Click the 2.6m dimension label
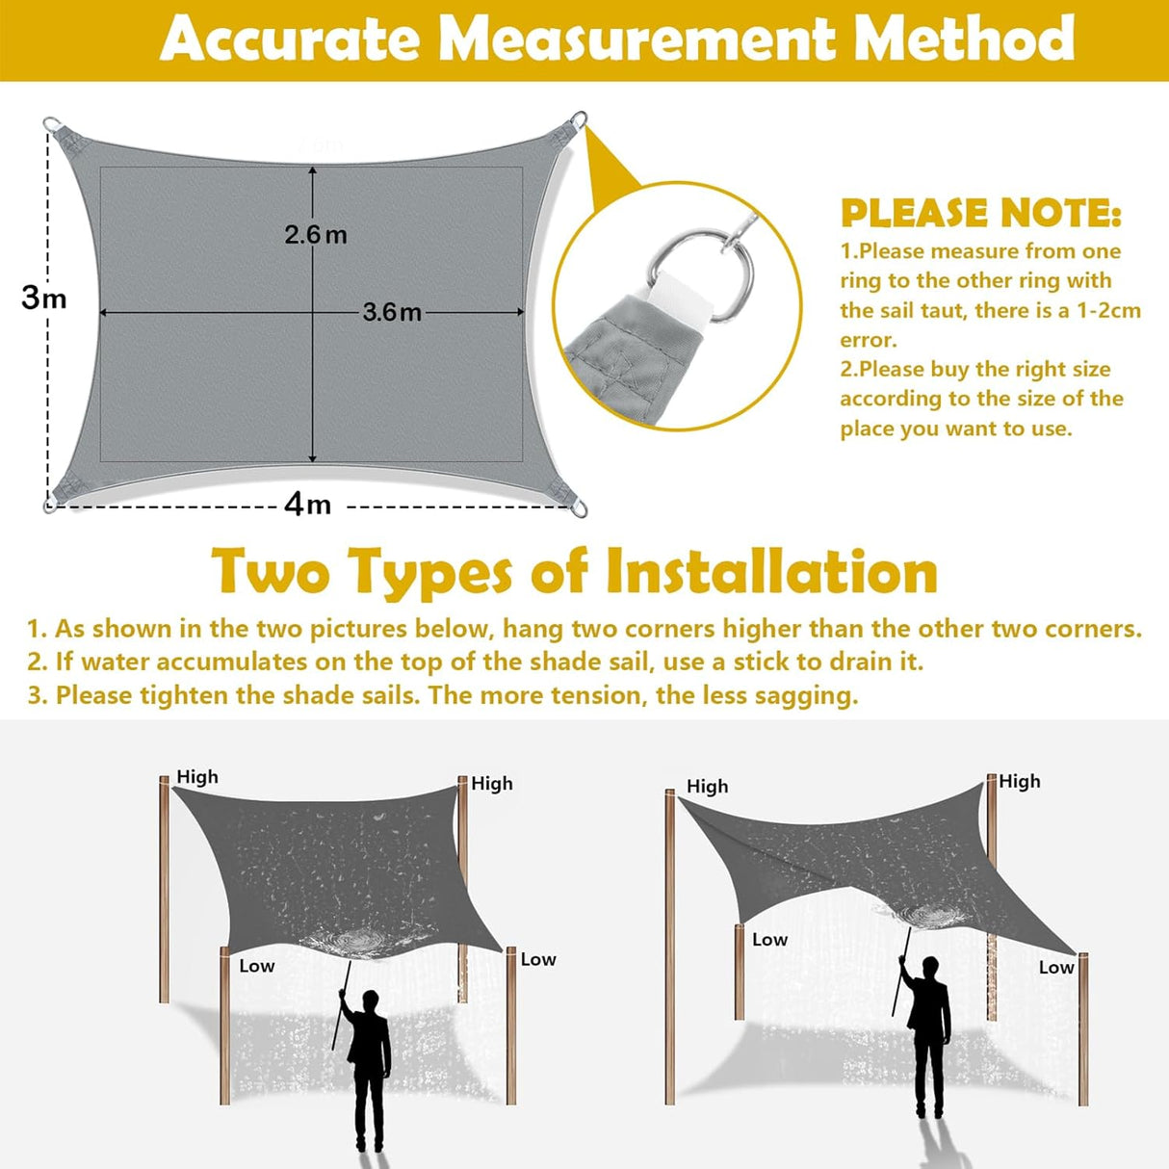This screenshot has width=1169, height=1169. (316, 234)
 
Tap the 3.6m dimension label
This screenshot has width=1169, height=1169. (392, 312)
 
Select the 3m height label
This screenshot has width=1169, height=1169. (44, 298)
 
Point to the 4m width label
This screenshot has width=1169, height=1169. (307, 504)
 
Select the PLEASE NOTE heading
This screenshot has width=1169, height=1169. (980, 213)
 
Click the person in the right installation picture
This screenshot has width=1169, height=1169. (930, 1035)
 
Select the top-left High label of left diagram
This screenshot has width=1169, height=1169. (197, 777)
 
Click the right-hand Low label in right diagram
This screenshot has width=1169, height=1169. (1055, 967)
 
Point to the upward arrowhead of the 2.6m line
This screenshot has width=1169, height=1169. (313, 171)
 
